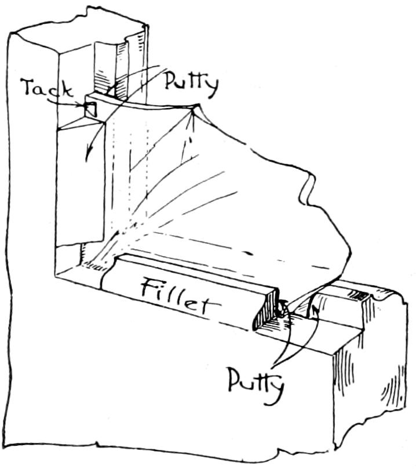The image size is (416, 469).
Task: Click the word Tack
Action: click(x=46, y=89)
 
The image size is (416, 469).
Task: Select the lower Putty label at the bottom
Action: click(x=256, y=381)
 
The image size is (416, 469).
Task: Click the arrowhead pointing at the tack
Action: click(x=83, y=105)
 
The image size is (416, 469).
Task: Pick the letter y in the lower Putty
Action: click(x=276, y=388)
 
